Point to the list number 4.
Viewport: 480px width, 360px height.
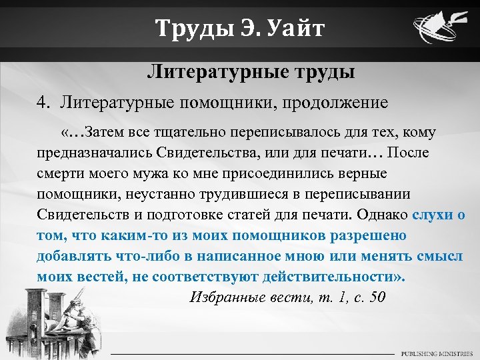(x=43, y=103)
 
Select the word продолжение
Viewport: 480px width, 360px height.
(x=339, y=103)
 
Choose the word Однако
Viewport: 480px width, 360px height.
(x=383, y=214)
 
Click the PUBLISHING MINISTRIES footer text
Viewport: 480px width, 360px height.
(x=435, y=353)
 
